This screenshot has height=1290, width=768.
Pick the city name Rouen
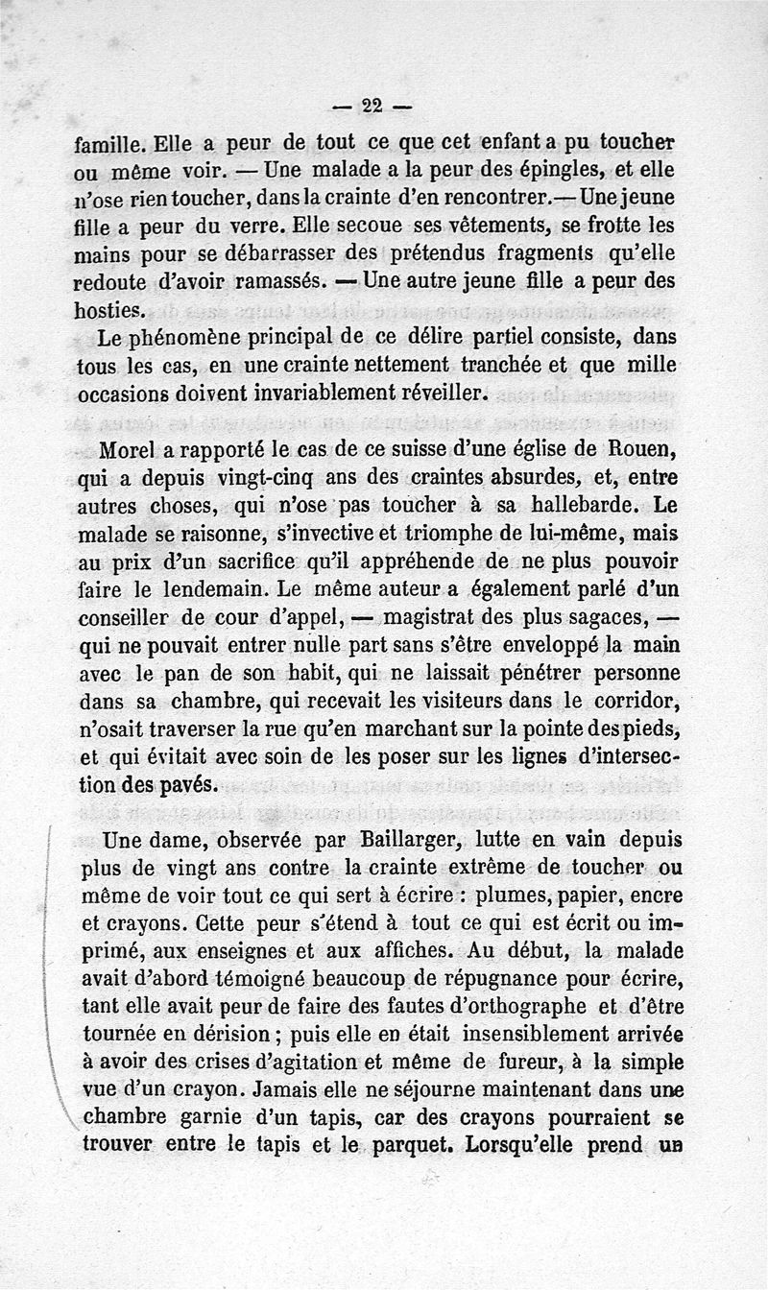[639, 449]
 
